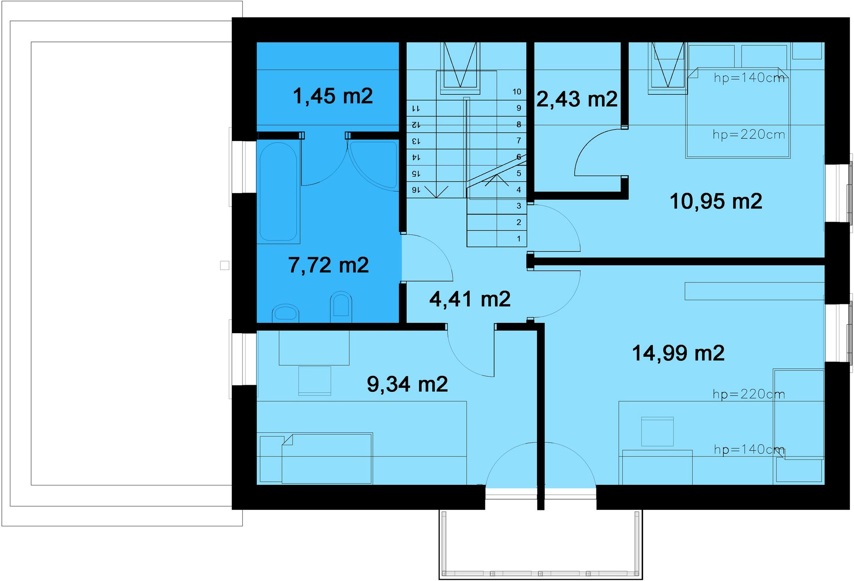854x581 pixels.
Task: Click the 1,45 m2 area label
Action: click(333, 96)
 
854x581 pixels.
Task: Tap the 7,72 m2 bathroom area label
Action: click(328, 265)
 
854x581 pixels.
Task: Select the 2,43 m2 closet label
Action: click(577, 99)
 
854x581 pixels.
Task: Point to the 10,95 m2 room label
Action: click(716, 201)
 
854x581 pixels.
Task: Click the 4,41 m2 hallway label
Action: click(470, 299)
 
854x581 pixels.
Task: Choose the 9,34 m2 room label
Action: click(407, 384)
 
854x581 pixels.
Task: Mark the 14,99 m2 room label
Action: click(678, 353)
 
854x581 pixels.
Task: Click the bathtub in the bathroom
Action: click(278, 192)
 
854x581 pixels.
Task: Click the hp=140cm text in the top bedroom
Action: click(749, 78)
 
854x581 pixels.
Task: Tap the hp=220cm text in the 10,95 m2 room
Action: click(749, 134)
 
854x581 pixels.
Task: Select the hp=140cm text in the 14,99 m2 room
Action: click(749, 449)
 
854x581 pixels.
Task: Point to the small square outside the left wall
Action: click(225, 266)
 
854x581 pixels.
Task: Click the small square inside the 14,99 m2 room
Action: click(657, 432)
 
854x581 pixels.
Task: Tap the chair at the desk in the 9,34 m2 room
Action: click(314, 380)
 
